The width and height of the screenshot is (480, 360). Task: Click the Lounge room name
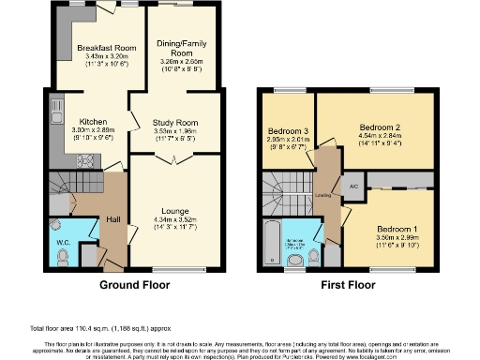(x=175, y=211)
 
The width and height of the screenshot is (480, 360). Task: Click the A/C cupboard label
(x=353, y=187)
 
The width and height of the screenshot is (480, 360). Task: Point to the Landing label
(x=323, y=195)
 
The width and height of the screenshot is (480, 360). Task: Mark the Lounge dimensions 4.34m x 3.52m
(x=175, y=220)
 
